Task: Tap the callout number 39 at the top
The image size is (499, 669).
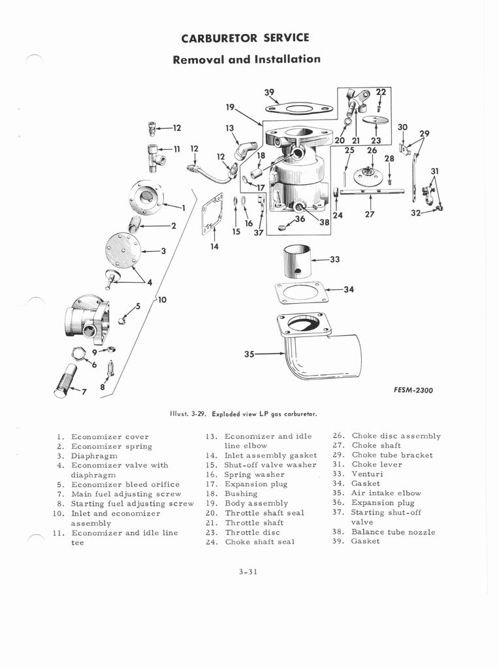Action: tap(269, 92)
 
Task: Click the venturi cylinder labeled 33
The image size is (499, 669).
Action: tap(297, 261)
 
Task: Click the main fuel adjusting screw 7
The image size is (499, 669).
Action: tap(65, 382)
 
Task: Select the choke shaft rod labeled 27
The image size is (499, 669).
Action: tap(369, 191)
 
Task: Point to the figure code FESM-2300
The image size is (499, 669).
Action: tap(413, 391)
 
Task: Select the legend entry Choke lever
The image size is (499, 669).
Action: tap(376, 465)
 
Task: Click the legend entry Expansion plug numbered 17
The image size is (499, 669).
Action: tap(255, 484)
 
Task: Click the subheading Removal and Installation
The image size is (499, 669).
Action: tap(246, 59)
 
